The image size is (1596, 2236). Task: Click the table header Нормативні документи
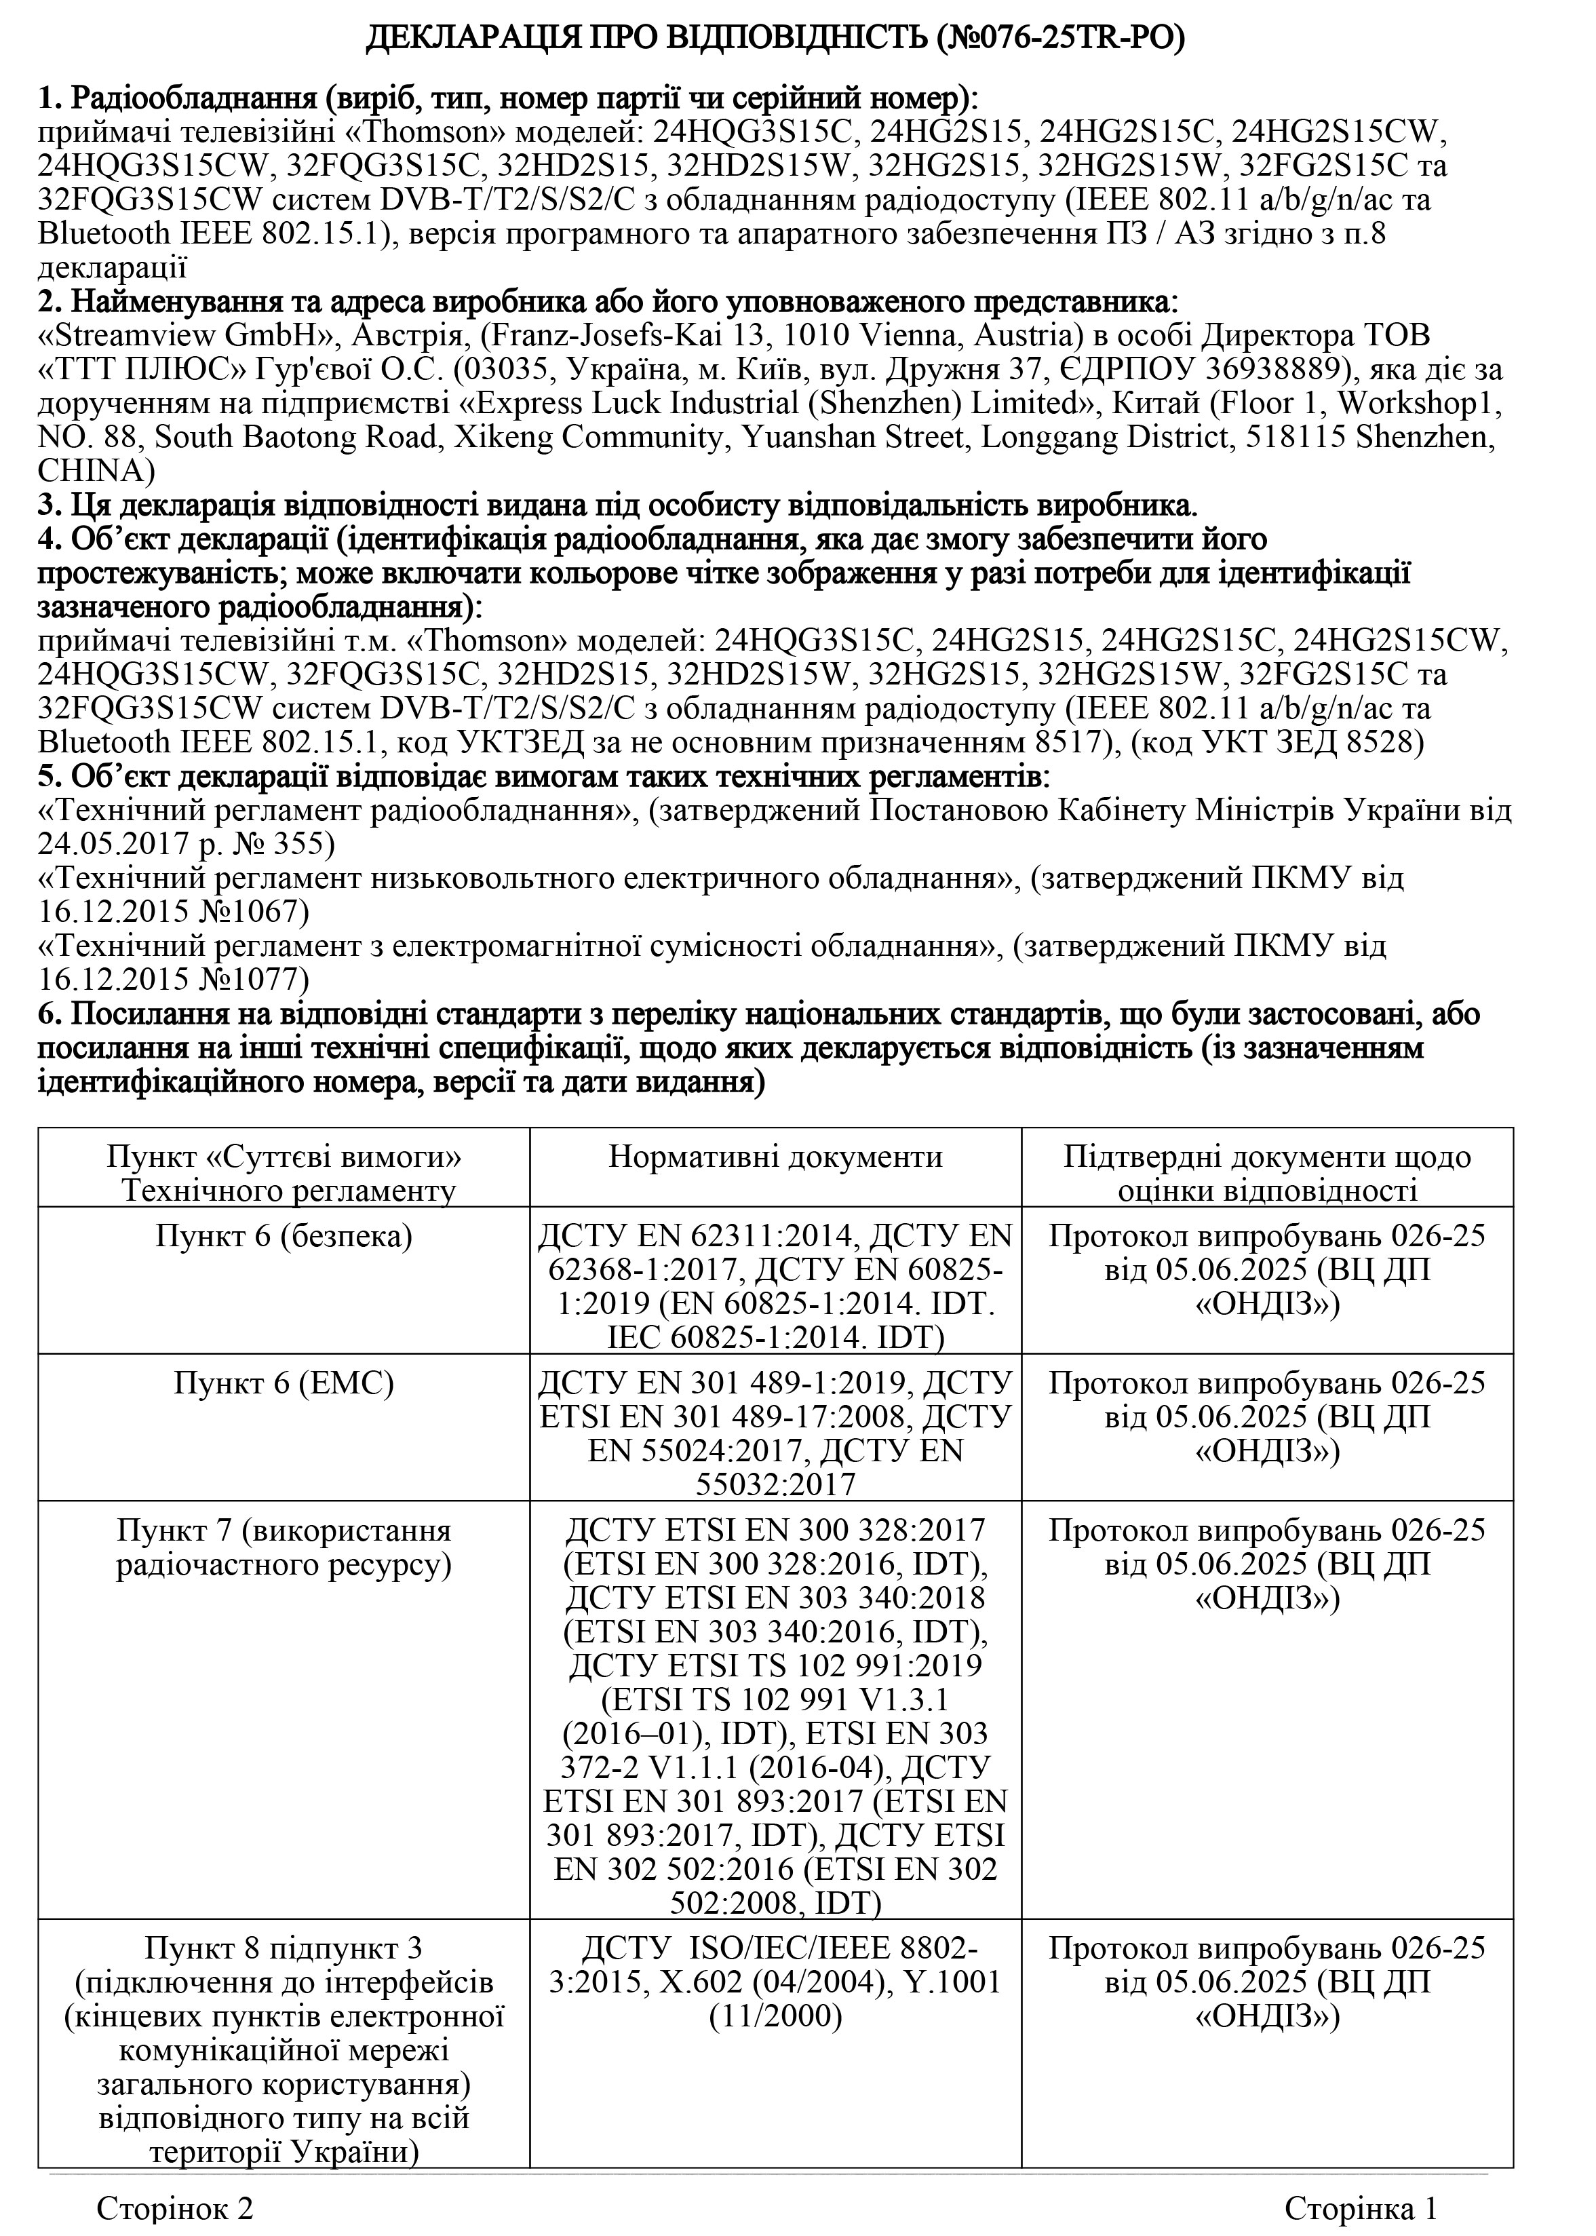[x=775, y=1157]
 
